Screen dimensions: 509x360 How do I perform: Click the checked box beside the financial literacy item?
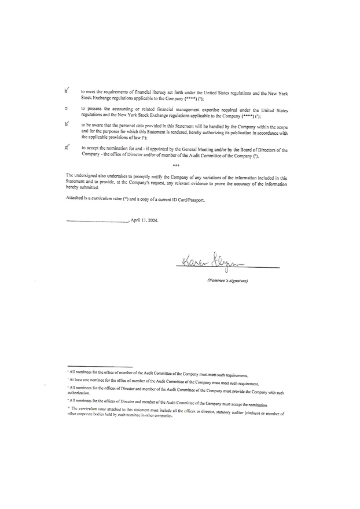[67, 91]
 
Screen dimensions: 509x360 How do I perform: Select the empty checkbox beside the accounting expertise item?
[67, 109]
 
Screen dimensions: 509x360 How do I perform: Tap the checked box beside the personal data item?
[67, 124]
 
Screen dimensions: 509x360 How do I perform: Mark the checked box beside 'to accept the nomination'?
[67, 148]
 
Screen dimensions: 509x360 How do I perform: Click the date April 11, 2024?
[144, 220]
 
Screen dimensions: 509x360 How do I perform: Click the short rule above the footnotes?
[100, 367]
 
